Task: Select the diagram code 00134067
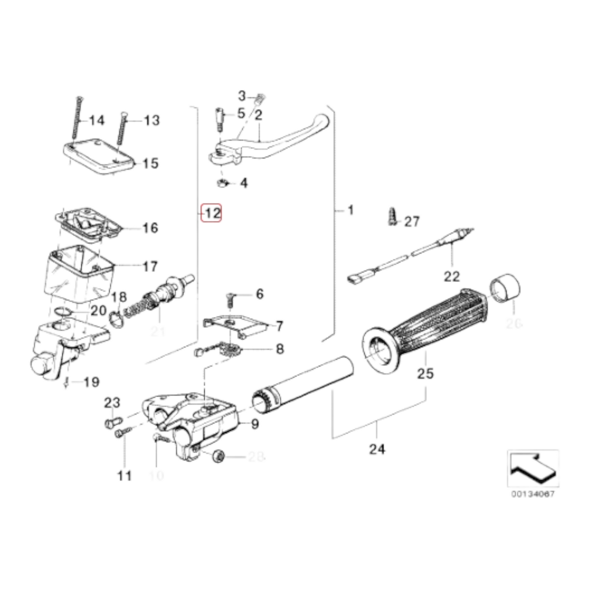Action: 533,494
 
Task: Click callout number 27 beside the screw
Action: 412,221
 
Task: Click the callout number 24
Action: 377,449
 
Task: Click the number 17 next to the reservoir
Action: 150,267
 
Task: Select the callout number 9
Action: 255,424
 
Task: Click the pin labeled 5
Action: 220,118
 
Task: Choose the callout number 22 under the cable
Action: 452,276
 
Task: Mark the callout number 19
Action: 91,382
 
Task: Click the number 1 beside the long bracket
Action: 350,210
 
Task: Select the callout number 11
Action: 125,475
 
